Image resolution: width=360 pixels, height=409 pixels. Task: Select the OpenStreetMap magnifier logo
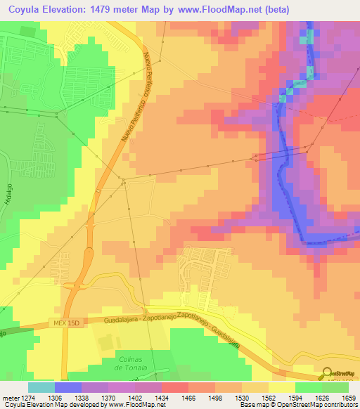[328, 373]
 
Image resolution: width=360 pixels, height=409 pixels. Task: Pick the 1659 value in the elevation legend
[348, 398]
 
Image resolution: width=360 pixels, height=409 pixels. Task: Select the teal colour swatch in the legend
[41, 387]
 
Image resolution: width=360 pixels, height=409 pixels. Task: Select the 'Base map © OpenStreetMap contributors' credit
[297, 405]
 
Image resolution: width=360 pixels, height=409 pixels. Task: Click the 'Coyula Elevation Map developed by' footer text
[51, 405]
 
